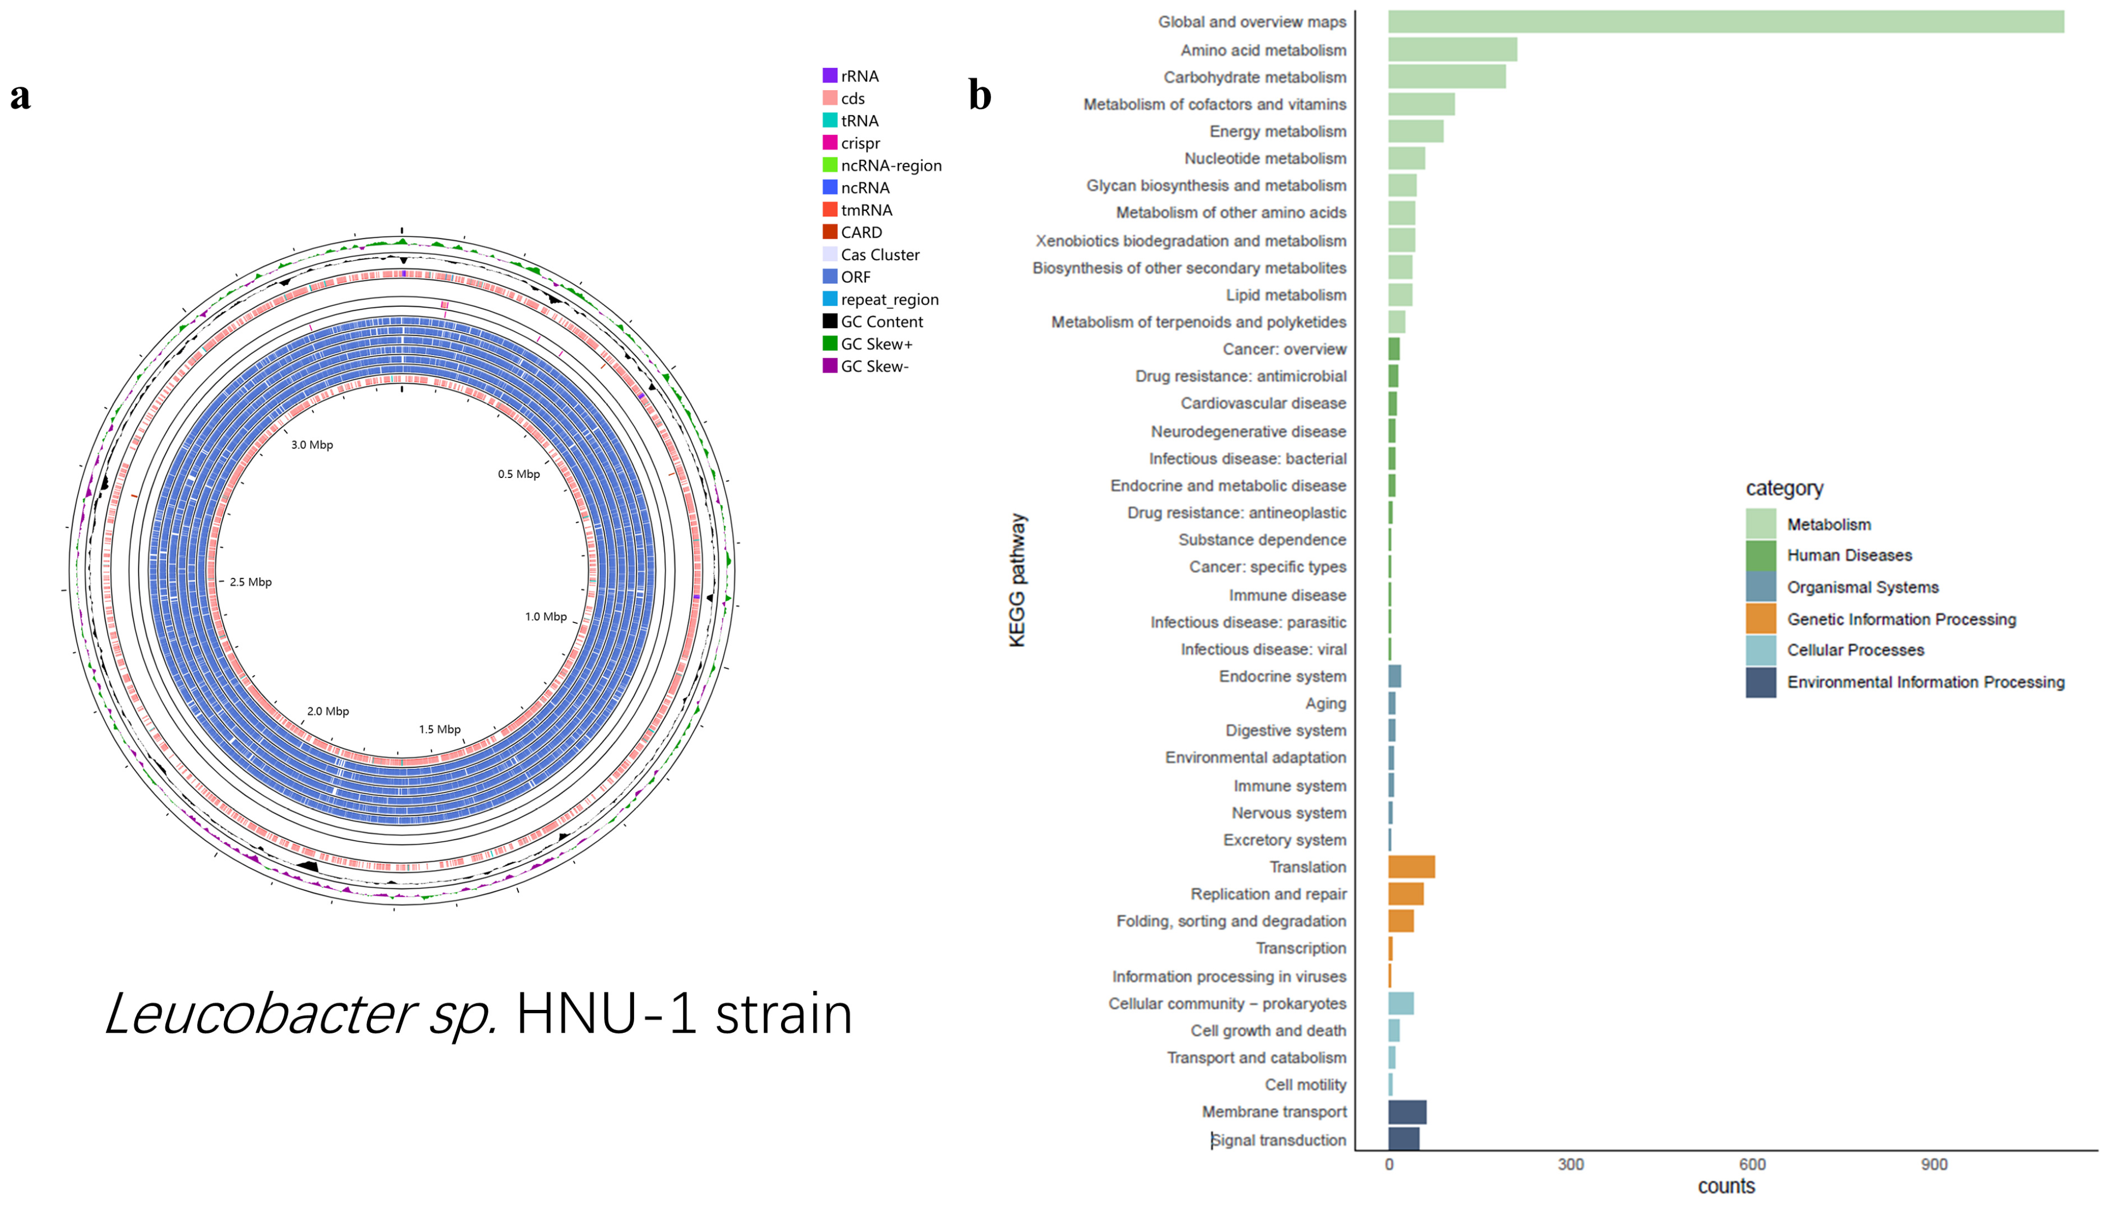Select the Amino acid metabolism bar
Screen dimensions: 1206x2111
coord(1452,50)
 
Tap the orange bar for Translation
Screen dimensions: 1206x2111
coord(1410,866)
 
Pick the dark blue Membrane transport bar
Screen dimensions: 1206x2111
coord(1406,1112)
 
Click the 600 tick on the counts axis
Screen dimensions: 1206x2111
coord(1752,1164)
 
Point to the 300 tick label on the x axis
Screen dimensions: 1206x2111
coord(1570,1164)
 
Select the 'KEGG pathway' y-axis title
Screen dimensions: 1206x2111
coord(1017,580)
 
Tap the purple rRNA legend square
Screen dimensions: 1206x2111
coord(829,75)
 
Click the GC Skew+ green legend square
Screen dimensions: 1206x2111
coord(829,344)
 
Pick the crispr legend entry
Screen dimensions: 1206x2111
coord(860,143)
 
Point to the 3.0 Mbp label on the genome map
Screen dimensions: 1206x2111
coord(311,445)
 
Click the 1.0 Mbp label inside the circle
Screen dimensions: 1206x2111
coord(545,616)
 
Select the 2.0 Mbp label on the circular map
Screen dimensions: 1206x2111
coord(327,711)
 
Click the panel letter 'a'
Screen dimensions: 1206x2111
coord(21,96)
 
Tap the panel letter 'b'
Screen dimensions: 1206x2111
coord(980,96)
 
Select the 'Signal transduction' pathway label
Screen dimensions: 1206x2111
coord(1278,1140)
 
